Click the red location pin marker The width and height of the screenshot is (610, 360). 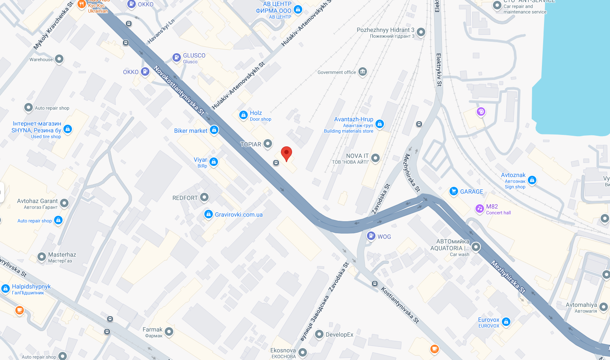(x=286, y=153)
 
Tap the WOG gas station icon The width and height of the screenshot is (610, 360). (x=371, y=236)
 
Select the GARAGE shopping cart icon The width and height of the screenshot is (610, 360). (x=453, y=191)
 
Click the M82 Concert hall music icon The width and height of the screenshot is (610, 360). (x=480, y=208)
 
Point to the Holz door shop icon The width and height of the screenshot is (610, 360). (x=243, y=115)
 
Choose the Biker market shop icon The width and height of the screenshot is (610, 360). (x=214, y=130)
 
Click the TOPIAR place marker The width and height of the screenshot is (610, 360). (x=268, y=144)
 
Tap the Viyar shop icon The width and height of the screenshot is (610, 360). (x=214, y=162)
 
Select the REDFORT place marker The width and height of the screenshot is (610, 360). (x=204, y=197)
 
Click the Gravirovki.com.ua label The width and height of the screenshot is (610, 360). (x=238, y=214)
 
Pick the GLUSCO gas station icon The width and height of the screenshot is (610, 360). (x=177, y=57)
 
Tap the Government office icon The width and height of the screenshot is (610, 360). (x=363, y=71)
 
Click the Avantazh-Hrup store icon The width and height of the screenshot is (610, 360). (x=380, y=124)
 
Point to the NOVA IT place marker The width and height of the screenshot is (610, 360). (x=375, y=158)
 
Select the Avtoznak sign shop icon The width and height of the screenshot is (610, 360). (x=532, y=180)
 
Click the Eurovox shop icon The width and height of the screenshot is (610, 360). (x=506, y=322)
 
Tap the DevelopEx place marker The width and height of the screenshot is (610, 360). (x=319, y=334)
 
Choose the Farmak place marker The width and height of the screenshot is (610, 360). (x=169, y=331)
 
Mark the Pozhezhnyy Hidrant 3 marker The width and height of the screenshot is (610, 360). (x=421, y=32)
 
